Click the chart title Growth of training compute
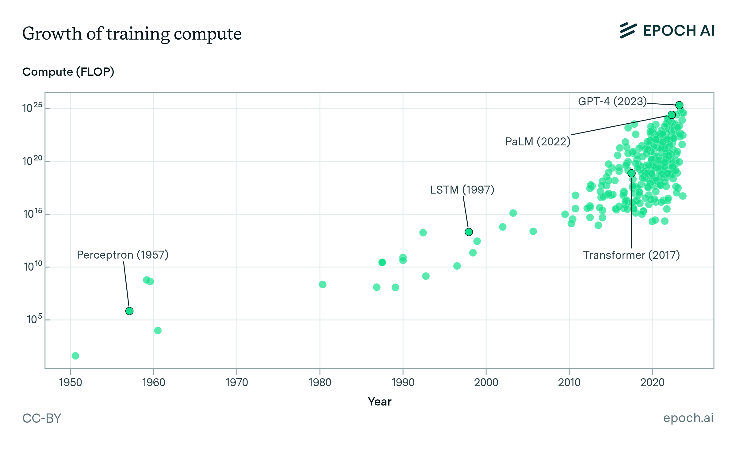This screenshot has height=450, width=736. pyautogui.click(x=132, y=34)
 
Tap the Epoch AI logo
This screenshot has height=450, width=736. pyautogui.click(x=667, y=31)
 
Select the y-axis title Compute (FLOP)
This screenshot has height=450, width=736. pyautogui.click(x=68, y=72)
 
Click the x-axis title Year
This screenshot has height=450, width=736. pyautogui.click(x=379, y=402)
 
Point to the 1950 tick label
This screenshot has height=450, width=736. pyautogui.click(x=71, y=383)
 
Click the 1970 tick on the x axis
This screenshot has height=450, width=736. pyautogui.click(x=237, y=383)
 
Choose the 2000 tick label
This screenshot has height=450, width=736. pyautogui.click(x=486, y=383)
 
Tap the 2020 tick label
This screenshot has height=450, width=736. pyautogui.click(x=652, y=383)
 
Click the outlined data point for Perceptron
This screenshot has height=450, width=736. pyautogui.click(x=129, y=311)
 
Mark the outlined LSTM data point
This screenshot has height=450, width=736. pyautogui.click(x=469, y=232)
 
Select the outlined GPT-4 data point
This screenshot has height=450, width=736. pyautogui.click(x=679, y=105)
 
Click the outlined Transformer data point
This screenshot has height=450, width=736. pyautogui.click(x=631, y=173)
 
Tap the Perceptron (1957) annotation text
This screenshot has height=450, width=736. pyautogui.click(x=123, y=255)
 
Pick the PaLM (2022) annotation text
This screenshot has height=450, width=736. pyautogui.click(x=538, y=142)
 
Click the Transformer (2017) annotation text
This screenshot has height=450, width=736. pyautogui.click(x=631, y=255)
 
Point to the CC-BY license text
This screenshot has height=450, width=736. pyautogui.click(x=42, y=418)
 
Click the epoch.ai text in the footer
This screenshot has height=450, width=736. pyautogui.click(x=688, y=418)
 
